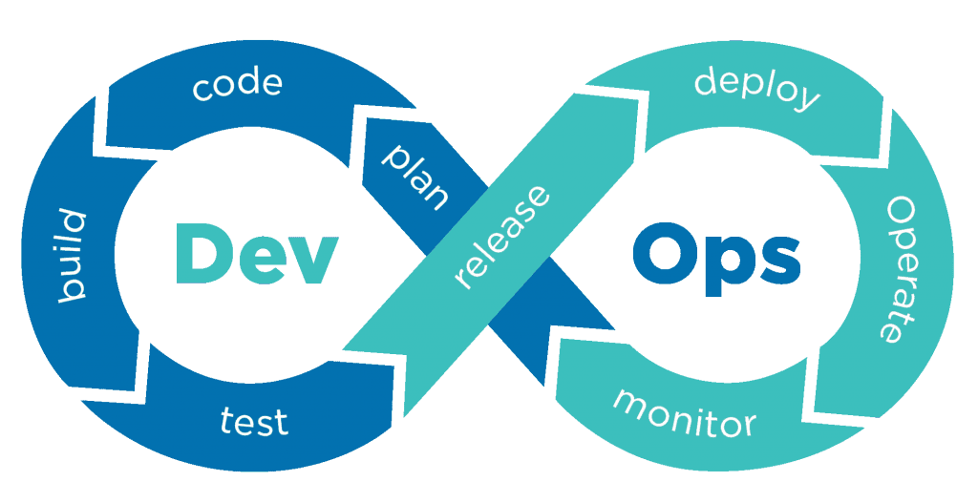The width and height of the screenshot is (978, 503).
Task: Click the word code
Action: click(237, 85)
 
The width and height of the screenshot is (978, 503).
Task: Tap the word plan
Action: click(415, 177)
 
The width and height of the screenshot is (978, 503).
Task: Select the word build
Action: click(72, 256)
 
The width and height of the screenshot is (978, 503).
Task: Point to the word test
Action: click(254, 420)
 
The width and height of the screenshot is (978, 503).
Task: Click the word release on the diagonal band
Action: click(502, 237)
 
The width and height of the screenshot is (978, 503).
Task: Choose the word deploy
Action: click(756, 89)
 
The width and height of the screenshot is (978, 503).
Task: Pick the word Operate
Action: click(902, 269)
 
